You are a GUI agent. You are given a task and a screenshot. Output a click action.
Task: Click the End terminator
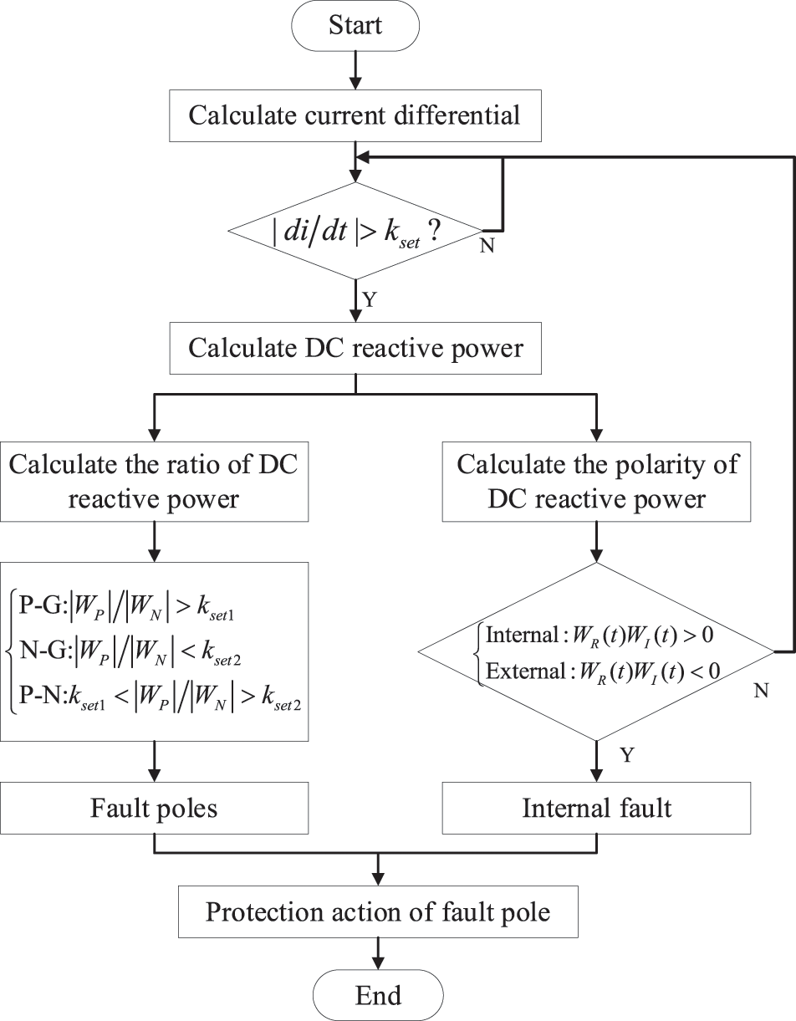(378, 995)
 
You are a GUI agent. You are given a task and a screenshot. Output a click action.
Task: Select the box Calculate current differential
(355, 114)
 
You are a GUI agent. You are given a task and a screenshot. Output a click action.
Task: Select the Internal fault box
(597, 808)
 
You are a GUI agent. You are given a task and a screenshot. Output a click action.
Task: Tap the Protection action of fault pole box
(378, 911)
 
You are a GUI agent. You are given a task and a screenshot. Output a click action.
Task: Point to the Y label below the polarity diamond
(626, 755)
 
